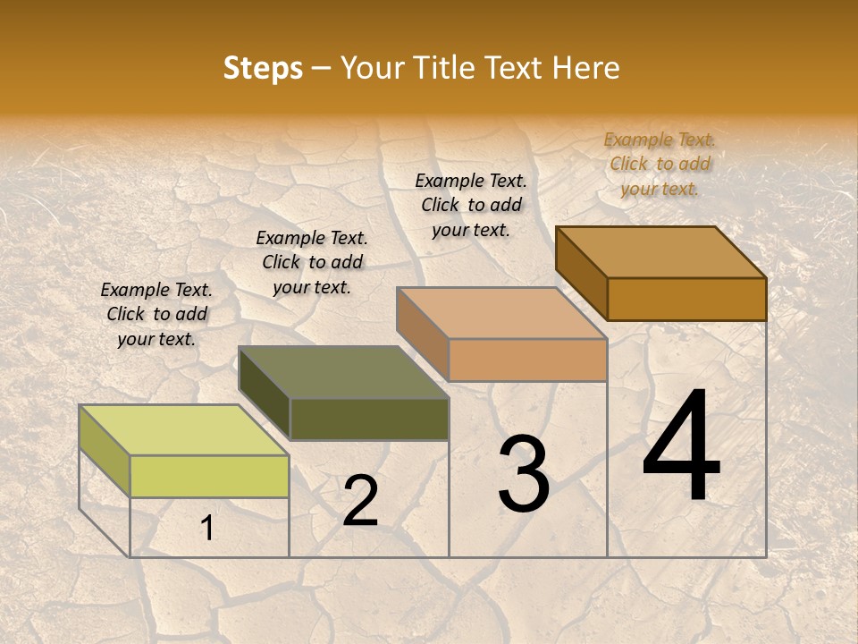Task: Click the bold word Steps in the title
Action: [x=263, y=68]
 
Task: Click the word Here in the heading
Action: [x=585, y=68]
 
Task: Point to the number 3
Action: [x=523, y=474]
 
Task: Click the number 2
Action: [x=360, y=501]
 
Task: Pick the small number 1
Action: [x=207, y=529]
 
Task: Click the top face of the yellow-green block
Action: [x=183, y=429]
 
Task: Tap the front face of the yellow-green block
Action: [x=209, y=476]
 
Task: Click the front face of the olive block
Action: [x=369, y=419]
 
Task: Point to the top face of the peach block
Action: [x=501, y=313]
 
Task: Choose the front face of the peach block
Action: [x=527, y=360]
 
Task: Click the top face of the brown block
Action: [x=660, y=252]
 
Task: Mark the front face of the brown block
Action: [x=686, y=299]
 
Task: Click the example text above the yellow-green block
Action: [x=156, y=315]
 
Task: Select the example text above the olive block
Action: [x=312, y=262]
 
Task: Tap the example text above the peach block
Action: [x=471, y=205]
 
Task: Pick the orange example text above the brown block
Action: [x=660, y=164]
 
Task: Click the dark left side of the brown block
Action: [x=581, y=273]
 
